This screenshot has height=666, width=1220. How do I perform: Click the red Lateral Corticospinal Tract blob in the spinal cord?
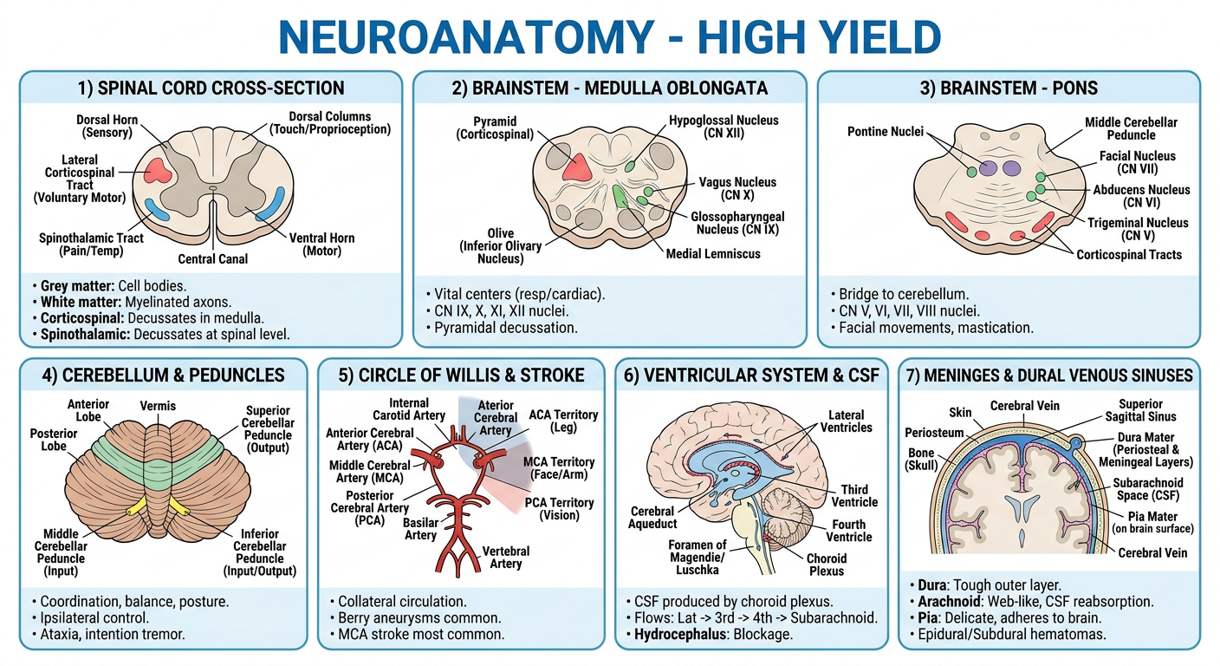(158, 170)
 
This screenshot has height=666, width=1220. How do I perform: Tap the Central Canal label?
(212, 259)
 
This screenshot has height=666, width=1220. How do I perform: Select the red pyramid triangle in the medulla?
(577, 168)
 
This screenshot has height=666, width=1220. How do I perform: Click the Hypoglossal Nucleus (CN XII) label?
(724, 127)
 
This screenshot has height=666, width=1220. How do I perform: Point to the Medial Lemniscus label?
(713, 253)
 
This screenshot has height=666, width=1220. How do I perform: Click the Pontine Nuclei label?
(885, 131)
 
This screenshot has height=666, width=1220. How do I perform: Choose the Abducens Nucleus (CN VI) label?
(1141, 196)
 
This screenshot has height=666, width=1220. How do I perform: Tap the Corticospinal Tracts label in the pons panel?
(1129, 254)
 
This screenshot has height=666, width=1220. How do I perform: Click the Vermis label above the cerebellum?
(158, 406)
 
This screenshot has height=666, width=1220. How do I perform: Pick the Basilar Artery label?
(420, 529)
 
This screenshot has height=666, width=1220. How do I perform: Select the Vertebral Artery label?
(505, 557)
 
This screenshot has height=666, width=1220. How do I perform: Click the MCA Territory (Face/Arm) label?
(559, 468)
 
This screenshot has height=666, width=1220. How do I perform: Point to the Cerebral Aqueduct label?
(652, 517)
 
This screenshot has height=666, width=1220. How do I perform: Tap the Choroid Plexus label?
(827, 565)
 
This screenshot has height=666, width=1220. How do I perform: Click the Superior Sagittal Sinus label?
(1140, 410)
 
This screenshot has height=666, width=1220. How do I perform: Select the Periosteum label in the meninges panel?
(934, 433)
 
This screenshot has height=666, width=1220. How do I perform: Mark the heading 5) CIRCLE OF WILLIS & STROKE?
(461, 375)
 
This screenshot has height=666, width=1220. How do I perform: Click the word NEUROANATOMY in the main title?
(466, 37)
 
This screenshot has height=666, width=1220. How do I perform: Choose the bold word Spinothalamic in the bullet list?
(85, 334)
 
